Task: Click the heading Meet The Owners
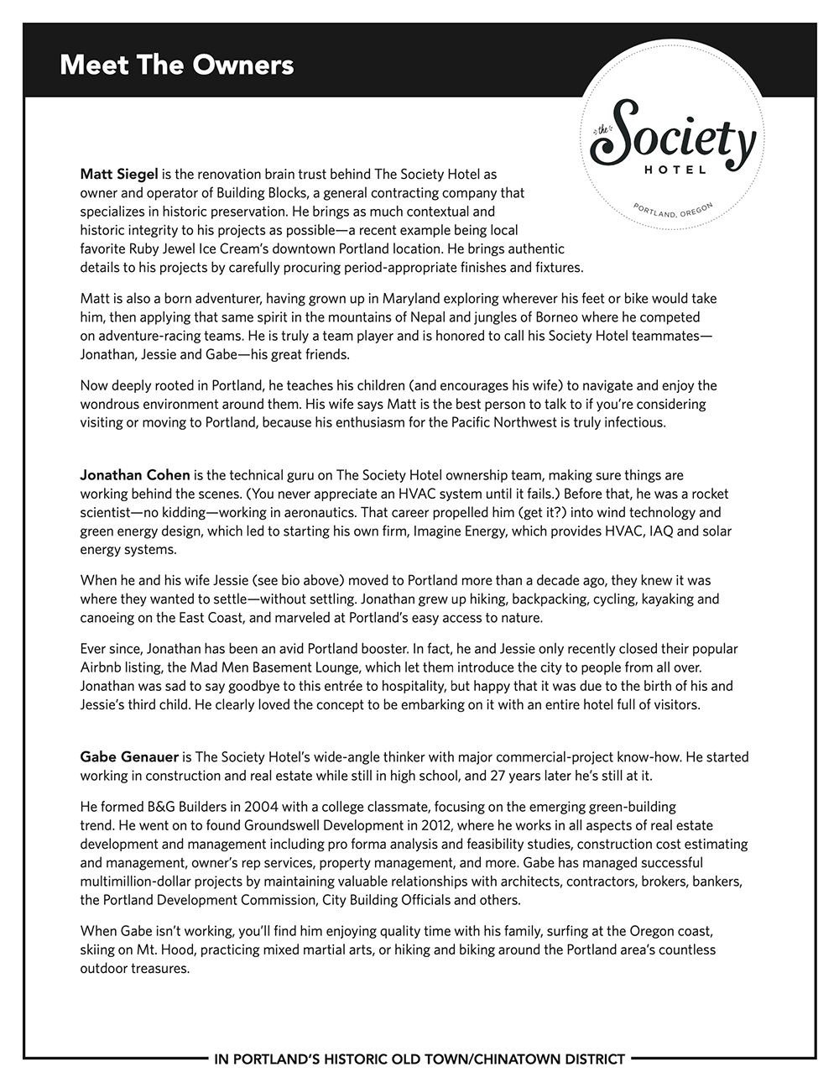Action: click(x=176, y=65)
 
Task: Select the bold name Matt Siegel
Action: click(x=119, y=175)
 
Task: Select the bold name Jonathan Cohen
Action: click(x=135, y=475)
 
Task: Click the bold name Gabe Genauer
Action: click(x=129, y=757)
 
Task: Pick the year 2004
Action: click(x=244, y=808)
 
